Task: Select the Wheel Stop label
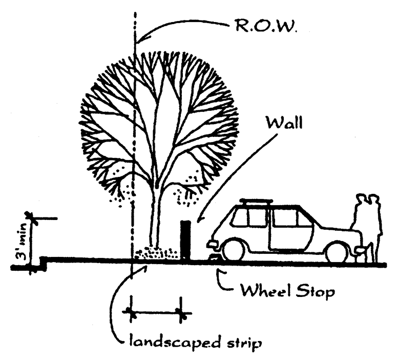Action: [x=288, y=292]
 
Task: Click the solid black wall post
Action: [x=185, y=240]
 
